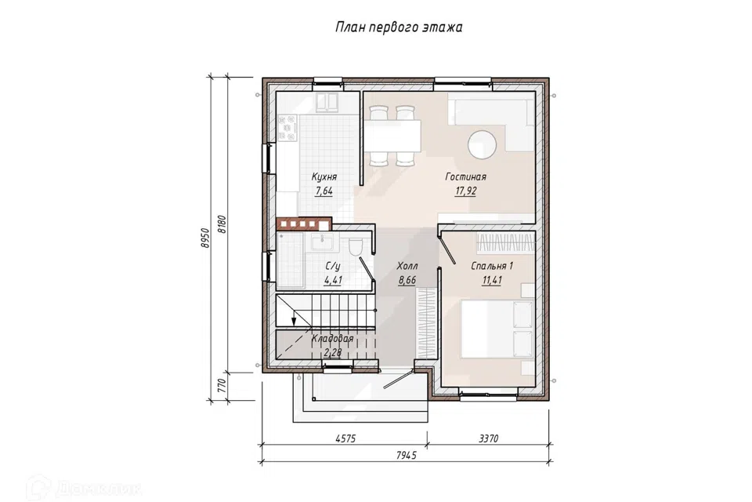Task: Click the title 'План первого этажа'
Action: pyautogui.click(x=398, y=27)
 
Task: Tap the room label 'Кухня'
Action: pyautogui.click(x=324, y=176)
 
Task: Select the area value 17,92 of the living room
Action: pyautogui.click(x=465, y=191)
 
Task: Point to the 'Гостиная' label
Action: pyautogui.click(x=465, y=176)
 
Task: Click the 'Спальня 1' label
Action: pyautogui.click(x=492, y=266)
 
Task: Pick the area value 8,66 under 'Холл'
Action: pyautogui.click(x=407, y=281)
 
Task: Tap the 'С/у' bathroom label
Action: pyautogui.click(x=333, y=267)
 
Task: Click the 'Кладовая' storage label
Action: pyautogui.click(x=332, y=339)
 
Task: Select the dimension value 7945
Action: pyautogui.click(x=407, y=455)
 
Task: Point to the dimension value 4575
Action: pyautogui.click(x=345, y=438)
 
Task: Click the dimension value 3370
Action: pyautogui.click(x=488, y=438)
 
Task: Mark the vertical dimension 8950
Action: pyautogui.click(x=205, y=238)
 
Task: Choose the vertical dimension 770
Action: pyautogui.click(x=222, y=386)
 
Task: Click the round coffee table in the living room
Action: pyautogui.click(x=483, y=144)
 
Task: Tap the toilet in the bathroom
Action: pyautogui.click(x=356, y=246)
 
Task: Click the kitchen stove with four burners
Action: pyautogui.click(x=287, y=129)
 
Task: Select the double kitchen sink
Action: pyautogui.click(x=327, y=103)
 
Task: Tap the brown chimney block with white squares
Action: pyautogui.click(x=304, y=224)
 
